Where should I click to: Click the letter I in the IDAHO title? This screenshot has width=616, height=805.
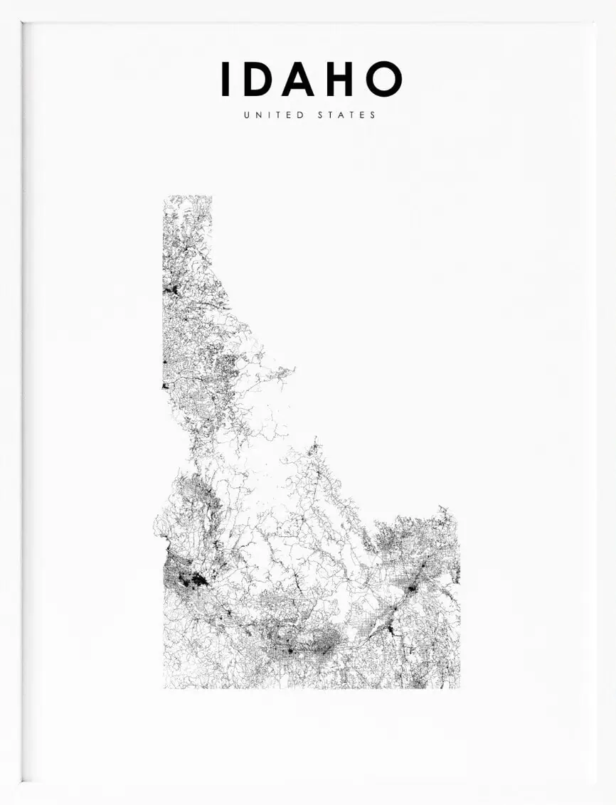point(225,79)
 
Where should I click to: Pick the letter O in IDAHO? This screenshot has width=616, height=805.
point(384,79)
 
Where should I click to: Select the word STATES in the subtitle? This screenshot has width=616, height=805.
point(347,114)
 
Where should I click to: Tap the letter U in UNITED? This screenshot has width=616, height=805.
point(247,114)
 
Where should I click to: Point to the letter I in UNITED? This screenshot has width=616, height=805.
point(269,114)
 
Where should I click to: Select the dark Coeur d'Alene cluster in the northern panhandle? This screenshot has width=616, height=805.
point(171,289)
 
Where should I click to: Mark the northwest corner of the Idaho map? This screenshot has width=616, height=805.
point(164,197)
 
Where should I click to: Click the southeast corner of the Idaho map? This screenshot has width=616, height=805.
point(459,687)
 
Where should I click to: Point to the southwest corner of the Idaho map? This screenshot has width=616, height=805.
point(164,687)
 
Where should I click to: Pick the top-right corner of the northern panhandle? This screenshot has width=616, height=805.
point(211,197)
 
